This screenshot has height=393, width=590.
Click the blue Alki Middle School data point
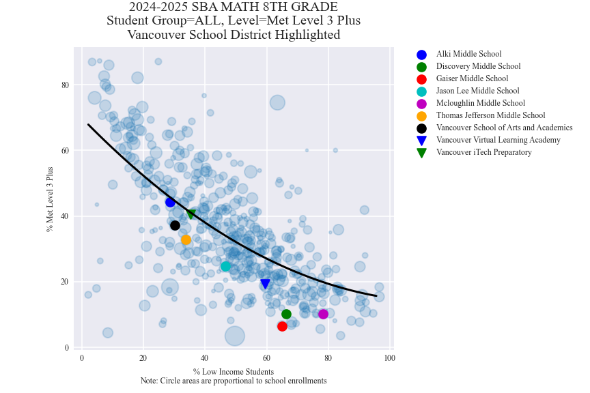tap(170, 202)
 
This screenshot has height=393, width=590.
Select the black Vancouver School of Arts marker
tap(175, 225)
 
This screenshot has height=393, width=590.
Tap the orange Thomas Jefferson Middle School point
tap(186, 239)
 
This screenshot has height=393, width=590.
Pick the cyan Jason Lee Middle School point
tap(225, 266)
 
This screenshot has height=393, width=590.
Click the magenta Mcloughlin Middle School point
tap(323, 314)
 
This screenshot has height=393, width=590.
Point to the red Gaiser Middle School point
tap(282, 326)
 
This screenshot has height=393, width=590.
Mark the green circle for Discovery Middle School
tap(286, 314)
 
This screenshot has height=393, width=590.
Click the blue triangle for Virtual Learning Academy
tap(265, 284)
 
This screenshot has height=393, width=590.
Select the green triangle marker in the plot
tap(191, 214)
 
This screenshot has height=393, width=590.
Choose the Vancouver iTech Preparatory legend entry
tap(483, 153)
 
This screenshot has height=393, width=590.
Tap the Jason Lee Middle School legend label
tap(477, 91)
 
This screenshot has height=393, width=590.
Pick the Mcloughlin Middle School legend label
tap(480, 104)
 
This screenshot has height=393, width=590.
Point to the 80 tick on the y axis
tap(66, 85)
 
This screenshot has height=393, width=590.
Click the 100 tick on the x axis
tap(389, 358)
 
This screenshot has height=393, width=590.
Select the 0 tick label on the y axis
tap(67, 347)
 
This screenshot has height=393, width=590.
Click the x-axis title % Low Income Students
tap(233, 372)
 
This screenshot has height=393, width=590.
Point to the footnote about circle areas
tap(233, 381)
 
